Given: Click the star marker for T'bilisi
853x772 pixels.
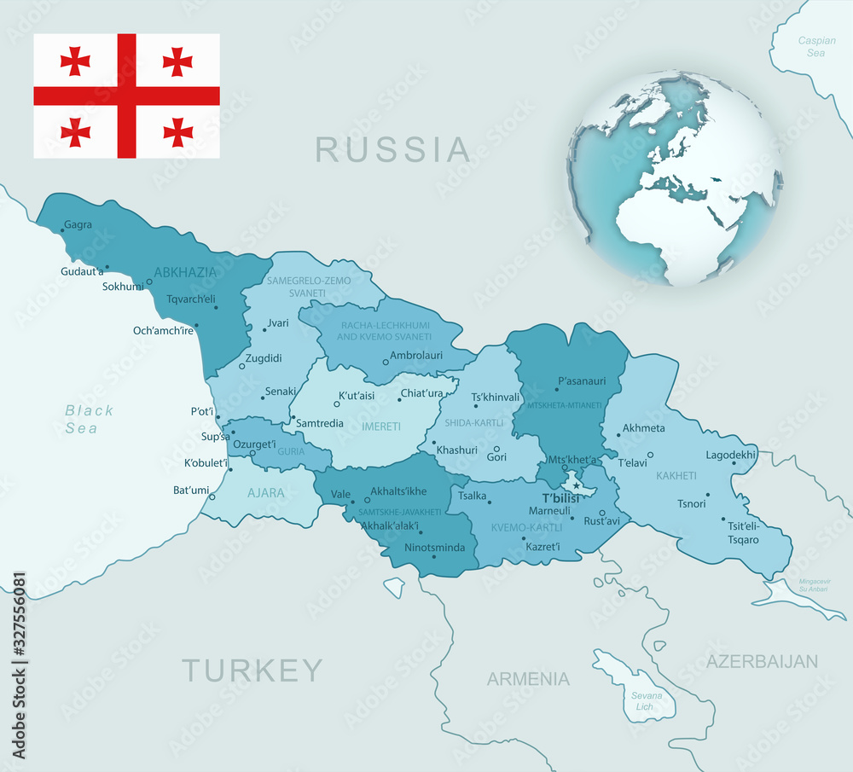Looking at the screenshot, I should click(x=576, y=485).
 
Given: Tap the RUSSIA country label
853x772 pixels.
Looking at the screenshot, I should click(x=392, y=149).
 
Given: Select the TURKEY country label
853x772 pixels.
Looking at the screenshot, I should click(x=253, y=670).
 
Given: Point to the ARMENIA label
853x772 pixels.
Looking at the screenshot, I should click(x=528, y=679).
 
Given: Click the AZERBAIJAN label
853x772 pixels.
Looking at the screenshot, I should click(x=762, y=661).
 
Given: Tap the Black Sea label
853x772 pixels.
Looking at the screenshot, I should click(x=89, y=419).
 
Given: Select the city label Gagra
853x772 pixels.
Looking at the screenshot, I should click(x=78, y=225).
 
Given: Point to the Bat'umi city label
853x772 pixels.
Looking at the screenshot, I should click(x=191, y=490).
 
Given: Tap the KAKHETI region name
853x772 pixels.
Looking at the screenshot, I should click(x=676, y=475).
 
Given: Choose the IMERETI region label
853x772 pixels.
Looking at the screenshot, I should click(x=381, y=425).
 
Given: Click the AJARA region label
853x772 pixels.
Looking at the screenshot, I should click(x=265, y=492).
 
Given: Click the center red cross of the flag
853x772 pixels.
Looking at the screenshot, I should click(x=126, y=96).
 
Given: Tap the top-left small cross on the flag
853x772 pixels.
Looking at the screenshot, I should click(x=76, y=61).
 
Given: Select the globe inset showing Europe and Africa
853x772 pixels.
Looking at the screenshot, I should click(x=675, y=177).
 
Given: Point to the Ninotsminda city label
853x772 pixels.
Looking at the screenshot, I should click(x=435, y=547).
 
